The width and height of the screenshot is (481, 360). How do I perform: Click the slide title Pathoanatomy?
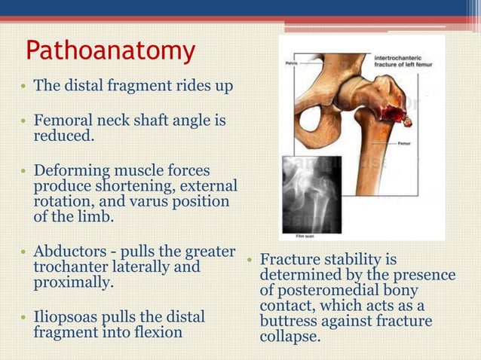click(110, 50)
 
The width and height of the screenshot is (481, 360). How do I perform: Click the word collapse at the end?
click(290, 337)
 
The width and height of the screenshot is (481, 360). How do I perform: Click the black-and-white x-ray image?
click(311, 193)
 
